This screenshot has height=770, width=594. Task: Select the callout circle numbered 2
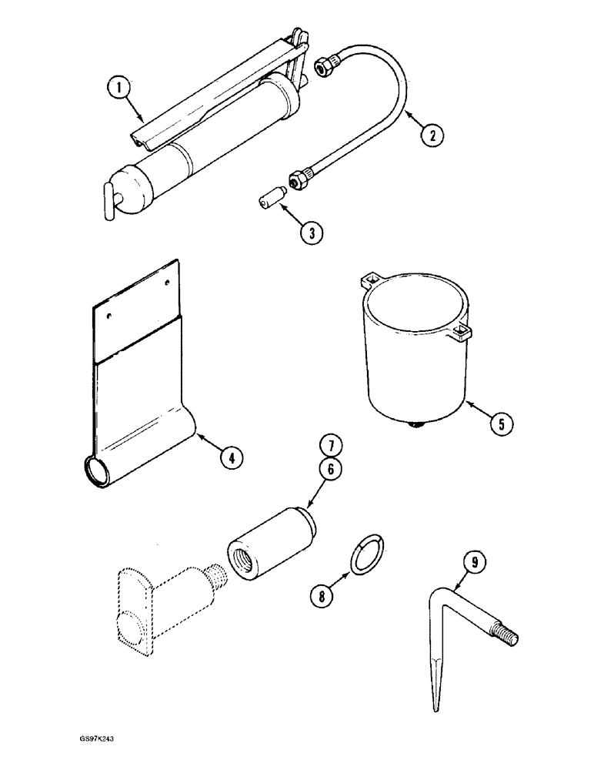click(x=432, y=136)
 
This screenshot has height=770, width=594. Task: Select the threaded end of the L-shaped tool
click(x=509, y=635)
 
